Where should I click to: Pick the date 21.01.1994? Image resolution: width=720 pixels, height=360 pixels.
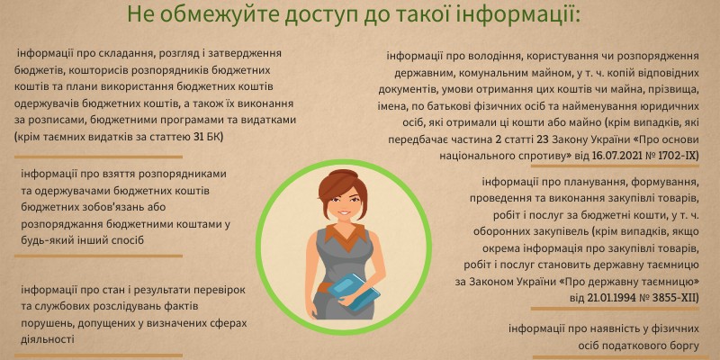coord(610,298)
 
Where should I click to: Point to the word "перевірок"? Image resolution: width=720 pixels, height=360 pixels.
coord(224,290)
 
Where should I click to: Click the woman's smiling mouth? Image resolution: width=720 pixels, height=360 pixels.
coord(345,213)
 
